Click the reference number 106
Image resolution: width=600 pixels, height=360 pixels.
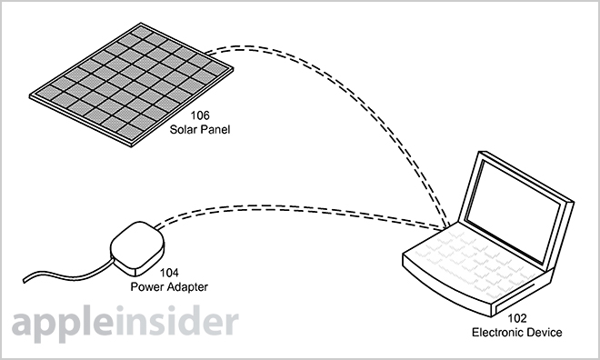(200, 115)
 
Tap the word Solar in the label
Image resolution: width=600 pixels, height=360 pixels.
(183, 129)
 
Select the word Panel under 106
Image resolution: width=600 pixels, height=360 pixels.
(215, 129)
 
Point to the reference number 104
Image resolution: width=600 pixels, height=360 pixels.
(169, 273)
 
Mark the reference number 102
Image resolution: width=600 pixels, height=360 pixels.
(517, 318)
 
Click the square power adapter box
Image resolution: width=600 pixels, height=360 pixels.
(137, 249)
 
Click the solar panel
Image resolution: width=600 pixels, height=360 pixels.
(131, 85)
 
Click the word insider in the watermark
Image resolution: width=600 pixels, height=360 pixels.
(177, 321)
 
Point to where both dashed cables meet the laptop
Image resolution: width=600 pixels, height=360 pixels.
(447, 229)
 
